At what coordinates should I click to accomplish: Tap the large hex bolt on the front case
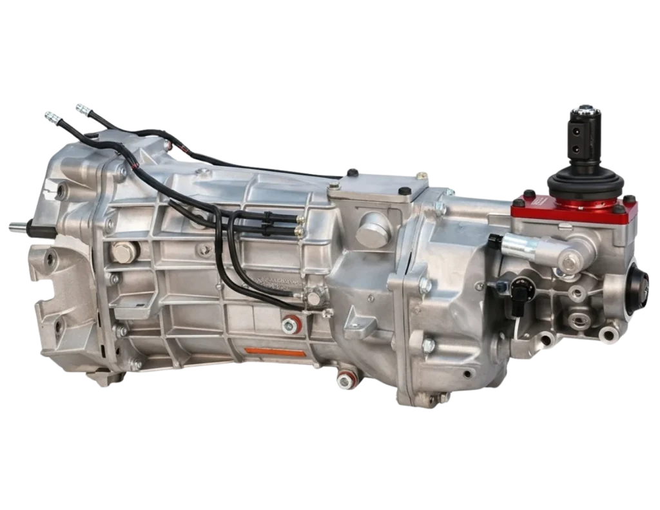click(x=122, y=252)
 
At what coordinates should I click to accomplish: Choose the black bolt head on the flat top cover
click(x=405, y=191)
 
